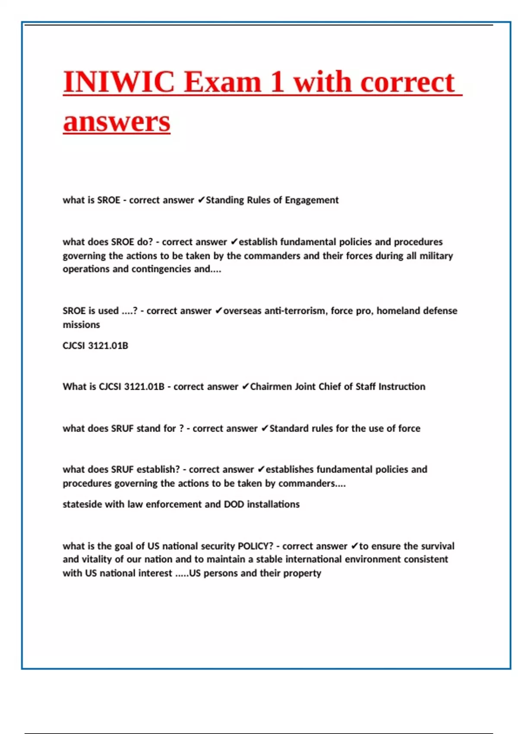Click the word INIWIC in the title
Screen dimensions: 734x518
click(119, 82)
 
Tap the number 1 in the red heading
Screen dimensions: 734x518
click(277, 82)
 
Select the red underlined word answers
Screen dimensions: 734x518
click(117, 122)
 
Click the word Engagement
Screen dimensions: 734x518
click(312, 200)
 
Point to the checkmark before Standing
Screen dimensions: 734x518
click(201, 200)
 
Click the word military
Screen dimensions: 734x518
click(436, 256)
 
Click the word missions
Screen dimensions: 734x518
click(81, 325)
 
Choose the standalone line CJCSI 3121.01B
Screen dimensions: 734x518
click(95, 346)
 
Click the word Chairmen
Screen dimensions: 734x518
click(271, 386)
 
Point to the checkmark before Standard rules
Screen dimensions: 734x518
click(265, 428)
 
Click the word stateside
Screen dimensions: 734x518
click(82, 504)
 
